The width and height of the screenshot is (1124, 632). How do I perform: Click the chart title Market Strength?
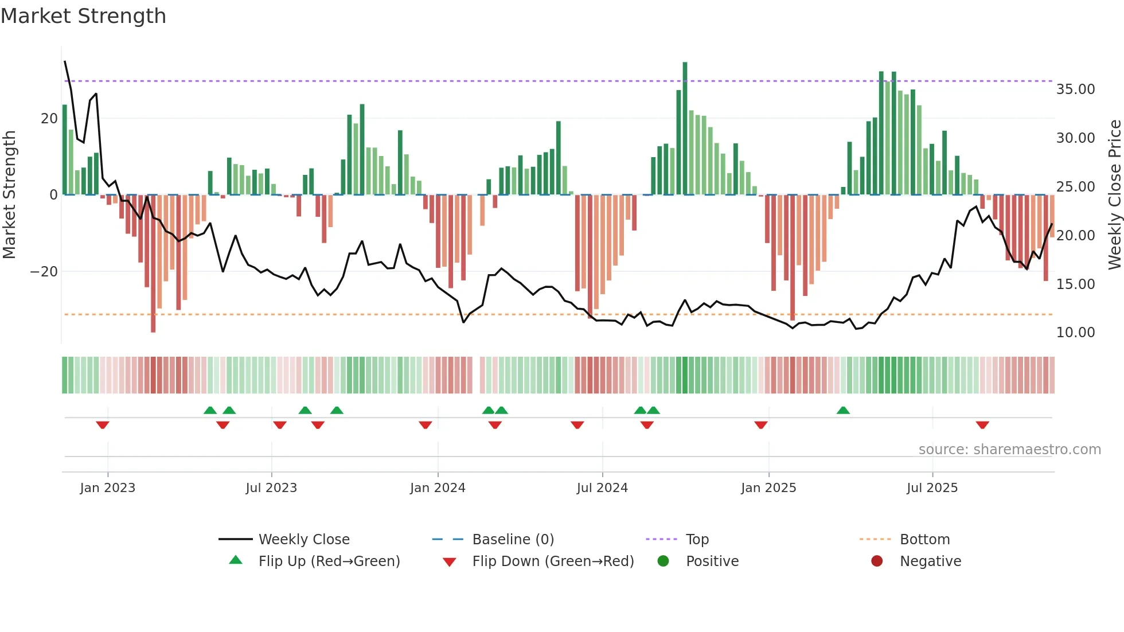83,16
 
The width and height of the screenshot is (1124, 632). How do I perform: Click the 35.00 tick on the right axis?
1075,89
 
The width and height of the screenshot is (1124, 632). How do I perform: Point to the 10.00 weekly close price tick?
1075,333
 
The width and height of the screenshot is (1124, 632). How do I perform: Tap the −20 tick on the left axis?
44,271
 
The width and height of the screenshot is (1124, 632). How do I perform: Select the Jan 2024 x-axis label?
438,488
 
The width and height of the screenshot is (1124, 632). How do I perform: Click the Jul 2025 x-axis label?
932,488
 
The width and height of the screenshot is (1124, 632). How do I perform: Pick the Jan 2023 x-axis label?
108,488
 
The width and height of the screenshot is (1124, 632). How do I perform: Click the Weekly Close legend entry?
303,540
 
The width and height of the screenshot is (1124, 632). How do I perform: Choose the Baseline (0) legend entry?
513,540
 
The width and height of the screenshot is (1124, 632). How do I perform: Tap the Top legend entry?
697,540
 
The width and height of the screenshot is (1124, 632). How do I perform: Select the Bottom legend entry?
924,540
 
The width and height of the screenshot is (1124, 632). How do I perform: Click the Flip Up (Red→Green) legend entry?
329,561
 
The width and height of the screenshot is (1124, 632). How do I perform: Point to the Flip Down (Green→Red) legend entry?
553,561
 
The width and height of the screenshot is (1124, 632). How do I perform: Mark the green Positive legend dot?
663,561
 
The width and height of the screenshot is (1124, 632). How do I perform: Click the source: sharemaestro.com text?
1009,450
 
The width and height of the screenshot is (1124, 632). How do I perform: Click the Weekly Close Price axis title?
1114,195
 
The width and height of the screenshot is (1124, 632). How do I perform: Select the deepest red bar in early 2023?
153,264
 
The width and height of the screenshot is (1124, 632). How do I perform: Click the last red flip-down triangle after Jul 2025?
982,425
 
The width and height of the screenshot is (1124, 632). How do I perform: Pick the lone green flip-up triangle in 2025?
842,411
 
